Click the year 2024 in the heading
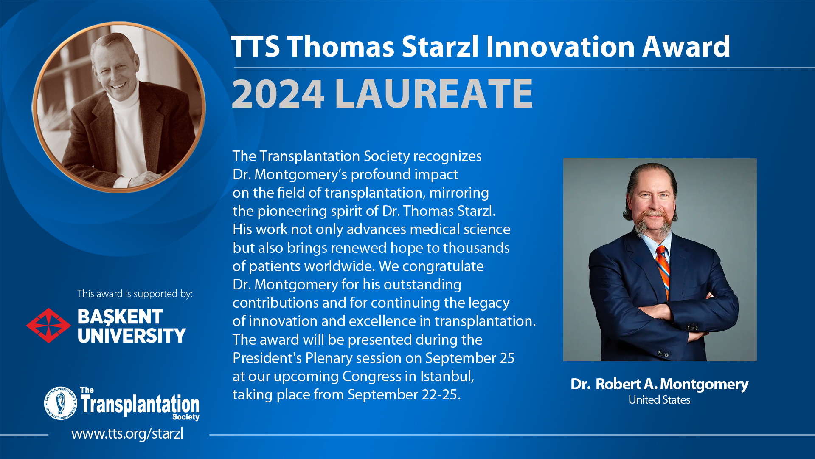(278, 94)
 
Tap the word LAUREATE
(433, 94)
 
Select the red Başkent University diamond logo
(48, 326)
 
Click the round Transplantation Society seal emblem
(61, 403)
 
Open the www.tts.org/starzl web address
(127, 433)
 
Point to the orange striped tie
(663, 272)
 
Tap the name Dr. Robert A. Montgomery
(659, 384)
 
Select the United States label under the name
(659, 400)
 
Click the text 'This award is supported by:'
(135, 294)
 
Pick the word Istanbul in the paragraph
(447, 377)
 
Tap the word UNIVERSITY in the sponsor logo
(132, 336)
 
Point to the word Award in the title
(686, 46)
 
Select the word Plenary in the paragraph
(329, 358)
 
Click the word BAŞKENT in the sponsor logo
(120, 317)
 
